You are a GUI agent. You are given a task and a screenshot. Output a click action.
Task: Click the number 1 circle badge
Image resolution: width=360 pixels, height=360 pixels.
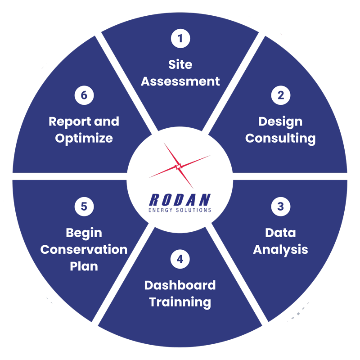click(x=180, y=38)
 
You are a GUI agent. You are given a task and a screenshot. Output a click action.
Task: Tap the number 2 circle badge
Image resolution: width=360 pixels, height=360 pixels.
click(x=280, y=95)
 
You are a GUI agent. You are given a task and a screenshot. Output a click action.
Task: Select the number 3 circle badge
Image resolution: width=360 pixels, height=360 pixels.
click(x=280, y=207)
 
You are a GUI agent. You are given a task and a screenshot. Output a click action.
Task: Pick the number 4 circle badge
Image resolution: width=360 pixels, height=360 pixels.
click(x=180, y=259)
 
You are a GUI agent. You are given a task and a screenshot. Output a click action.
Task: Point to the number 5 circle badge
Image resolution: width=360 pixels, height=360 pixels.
click(x=84, y=207)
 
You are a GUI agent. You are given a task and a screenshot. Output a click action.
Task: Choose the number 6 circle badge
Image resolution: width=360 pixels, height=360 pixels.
click(x=84, y=95)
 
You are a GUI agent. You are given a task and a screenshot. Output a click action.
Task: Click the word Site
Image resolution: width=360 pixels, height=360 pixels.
click(x=180, y=64)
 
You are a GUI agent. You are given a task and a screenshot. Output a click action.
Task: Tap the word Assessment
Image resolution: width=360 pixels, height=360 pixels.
click(x=180, y=81)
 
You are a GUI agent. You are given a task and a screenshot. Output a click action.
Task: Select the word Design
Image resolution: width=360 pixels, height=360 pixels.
click(x=280, y=122)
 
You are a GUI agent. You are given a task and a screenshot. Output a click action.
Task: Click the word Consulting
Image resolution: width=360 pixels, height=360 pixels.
click(x=280, y=139)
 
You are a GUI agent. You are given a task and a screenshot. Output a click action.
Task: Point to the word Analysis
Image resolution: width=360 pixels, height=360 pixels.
click(x=280, y=250)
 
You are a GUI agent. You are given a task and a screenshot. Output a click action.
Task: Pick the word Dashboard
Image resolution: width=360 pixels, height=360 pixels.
click(x=180, y=285)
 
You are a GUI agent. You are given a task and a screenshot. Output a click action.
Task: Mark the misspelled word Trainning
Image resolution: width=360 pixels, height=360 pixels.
click(x=180, y=302)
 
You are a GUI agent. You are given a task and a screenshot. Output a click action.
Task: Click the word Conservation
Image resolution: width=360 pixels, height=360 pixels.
click(x=84, y=250)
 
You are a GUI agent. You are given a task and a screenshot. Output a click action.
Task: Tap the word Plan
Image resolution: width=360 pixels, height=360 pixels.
click(x=84, y=266)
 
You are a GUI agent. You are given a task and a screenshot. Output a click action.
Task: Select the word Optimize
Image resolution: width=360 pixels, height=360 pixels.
click(x=84, y=139)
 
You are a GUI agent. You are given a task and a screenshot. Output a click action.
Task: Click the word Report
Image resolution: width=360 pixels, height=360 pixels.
click(x=70, y=121)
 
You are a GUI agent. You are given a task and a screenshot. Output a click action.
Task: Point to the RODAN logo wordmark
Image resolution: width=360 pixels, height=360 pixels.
click(x=180, y=200)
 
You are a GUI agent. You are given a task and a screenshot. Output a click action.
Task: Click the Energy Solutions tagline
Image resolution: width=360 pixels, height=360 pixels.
click(x=180, y=210)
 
